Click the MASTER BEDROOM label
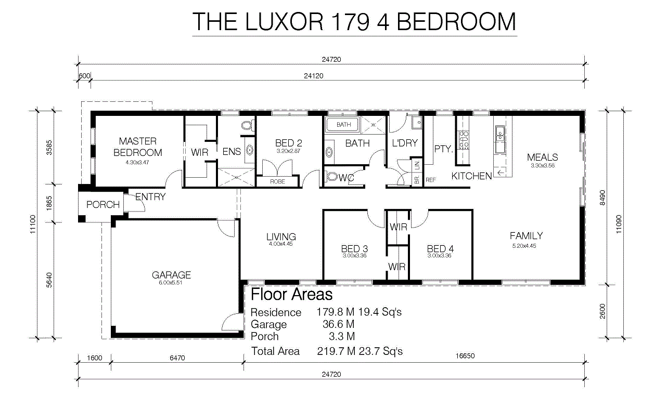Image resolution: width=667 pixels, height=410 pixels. (137, 147)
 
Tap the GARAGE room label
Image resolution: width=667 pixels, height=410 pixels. (171, 275)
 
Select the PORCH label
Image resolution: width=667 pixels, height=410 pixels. (103, 205)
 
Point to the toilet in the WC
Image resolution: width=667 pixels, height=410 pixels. (331, 176)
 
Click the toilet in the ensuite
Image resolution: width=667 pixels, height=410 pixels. (247, 125)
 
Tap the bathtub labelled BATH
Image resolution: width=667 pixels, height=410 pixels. (343, 125)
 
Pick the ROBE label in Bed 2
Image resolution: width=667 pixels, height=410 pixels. (277, 181)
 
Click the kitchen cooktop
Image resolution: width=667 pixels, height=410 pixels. (464, 140)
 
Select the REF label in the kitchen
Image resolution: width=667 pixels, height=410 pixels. (431, 180)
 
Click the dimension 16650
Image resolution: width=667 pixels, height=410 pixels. (465, 356)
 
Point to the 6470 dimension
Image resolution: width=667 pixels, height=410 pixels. (177, 358)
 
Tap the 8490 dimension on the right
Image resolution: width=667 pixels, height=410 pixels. (602, 197)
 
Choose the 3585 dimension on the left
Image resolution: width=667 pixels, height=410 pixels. (49, 148)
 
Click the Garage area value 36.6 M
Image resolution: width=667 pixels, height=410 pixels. (338, 324)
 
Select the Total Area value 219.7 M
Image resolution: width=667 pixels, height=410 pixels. (336, 351)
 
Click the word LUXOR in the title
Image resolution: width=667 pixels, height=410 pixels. (285, 22)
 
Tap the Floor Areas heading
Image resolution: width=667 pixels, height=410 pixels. (291, 294)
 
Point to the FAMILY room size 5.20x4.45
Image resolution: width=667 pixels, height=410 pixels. (524, 246)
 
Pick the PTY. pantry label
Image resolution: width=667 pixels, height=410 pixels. (443, 149)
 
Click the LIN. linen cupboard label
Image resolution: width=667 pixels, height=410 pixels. (417, 165)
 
